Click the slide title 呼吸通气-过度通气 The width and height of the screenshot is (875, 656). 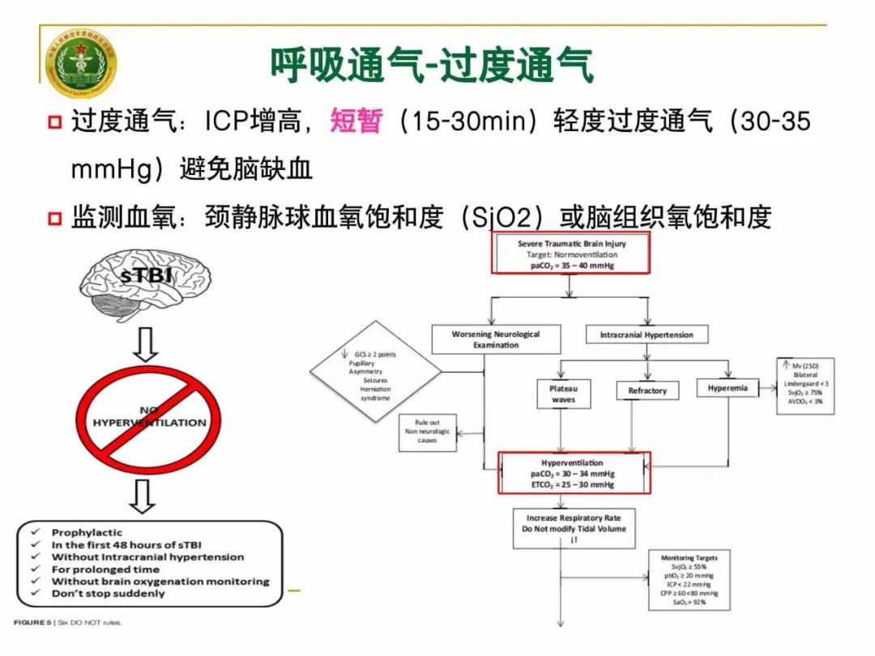pyautogui.click(x=431, y=65)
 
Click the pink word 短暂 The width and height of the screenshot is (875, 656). pyautogui.click(x=356, y=122)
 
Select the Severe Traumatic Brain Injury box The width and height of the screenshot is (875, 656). pyautogui.click(x=571, y=254)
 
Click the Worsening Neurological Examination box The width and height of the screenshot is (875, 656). pyautogui.click(x=495, y=339)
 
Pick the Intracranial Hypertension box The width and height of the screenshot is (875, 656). pyautogui.click(x=646, y=334)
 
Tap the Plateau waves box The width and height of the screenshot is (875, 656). pyautogui.click(x=563, y=394)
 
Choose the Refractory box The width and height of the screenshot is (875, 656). pyautogui.click(x=647, y=391)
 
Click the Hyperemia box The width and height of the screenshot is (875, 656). pyautogui.click(x=727, y=389)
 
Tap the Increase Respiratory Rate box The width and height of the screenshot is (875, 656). pyautogui.click(x=573, y=527)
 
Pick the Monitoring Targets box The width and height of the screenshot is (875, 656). pyautogui.click(x=689, y=580)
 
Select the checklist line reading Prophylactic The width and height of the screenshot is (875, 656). pyautogui.click(x=87, y=533)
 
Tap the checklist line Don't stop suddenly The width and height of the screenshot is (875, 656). pyautogui.click(x=108, y=594)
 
